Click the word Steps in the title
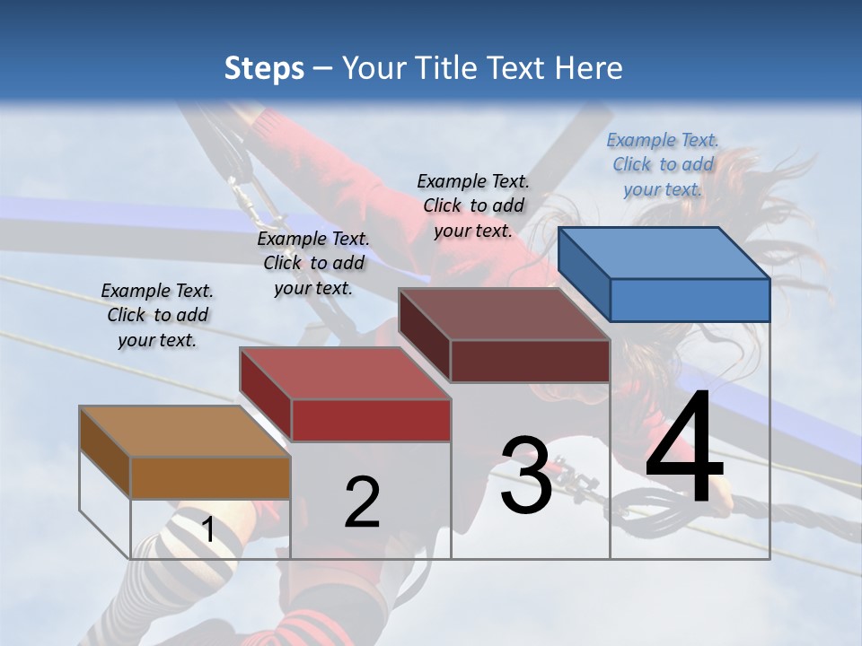264,68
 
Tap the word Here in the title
589,68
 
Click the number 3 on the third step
526,476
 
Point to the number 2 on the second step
362,502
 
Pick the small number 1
208,530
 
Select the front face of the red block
371,420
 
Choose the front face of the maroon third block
530,361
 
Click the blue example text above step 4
663,164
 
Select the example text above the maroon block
473,205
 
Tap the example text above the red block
313,263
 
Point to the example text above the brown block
157,315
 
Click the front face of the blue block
690,300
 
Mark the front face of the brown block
210,477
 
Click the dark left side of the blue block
584,275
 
